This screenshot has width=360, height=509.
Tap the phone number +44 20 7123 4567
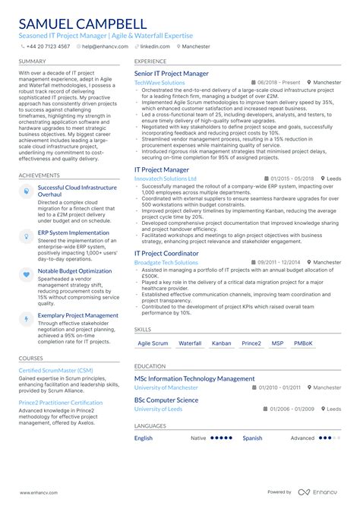point(48,46)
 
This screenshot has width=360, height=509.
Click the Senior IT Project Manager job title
point(171,74)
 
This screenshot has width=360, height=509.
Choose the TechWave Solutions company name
point(159,83)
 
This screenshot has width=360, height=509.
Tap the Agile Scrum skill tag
point(152,343)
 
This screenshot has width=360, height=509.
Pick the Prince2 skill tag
point(251,343)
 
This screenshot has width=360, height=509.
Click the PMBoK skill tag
point(302,343)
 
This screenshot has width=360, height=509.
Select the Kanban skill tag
point(221,343)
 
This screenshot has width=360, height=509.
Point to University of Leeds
point(158,409)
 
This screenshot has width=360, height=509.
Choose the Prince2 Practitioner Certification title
point(60,403)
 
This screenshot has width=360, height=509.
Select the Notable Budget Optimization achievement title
point(74,270)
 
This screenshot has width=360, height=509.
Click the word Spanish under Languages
point(252,438)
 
